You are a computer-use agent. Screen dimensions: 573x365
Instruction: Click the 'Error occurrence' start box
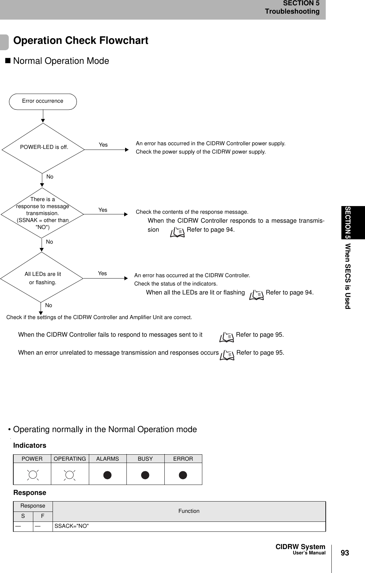43,101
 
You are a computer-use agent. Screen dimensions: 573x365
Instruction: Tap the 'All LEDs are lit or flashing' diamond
43,278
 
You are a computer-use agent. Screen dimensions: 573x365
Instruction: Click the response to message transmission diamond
43,213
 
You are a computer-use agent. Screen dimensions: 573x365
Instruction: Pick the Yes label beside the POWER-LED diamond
103,145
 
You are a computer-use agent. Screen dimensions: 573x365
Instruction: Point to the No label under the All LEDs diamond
49,305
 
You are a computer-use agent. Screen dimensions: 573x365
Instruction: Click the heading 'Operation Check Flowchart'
81,41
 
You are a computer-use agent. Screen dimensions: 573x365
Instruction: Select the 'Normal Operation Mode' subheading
61,61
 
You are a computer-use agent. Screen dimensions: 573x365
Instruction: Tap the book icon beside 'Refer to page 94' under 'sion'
177,232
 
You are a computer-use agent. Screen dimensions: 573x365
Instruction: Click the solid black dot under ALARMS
107,475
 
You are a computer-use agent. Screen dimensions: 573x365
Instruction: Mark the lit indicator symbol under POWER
32,475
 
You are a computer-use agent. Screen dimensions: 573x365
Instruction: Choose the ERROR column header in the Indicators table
183,459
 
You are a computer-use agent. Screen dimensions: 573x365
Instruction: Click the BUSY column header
145,459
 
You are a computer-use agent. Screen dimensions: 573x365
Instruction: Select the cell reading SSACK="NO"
72,526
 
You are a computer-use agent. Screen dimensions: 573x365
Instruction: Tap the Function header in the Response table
189,511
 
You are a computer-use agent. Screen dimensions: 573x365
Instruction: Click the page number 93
345,553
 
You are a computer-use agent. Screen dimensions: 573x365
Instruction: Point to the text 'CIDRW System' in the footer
300,547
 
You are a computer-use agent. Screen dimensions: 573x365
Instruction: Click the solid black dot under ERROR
183,475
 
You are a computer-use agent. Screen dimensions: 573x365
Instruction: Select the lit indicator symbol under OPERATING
70,475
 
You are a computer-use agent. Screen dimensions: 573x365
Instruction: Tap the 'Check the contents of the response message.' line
192,212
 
